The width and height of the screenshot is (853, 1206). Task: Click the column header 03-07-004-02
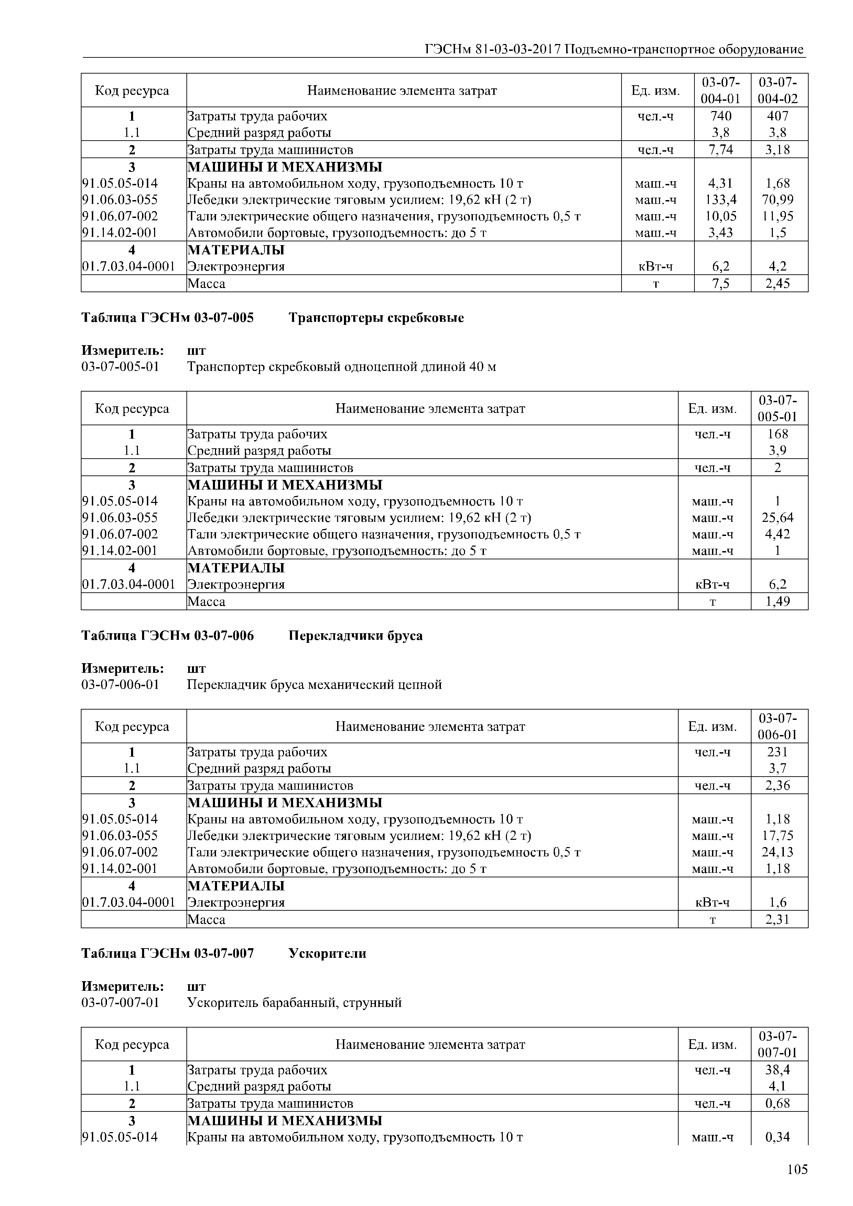click(779, 90)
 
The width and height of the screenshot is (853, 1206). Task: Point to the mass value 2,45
click(779, 284)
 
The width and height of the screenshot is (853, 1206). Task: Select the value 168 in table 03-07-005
click(779, 434)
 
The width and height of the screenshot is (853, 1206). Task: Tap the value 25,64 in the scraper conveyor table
click(779, 518)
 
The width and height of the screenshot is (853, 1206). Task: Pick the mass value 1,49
click(779, 601)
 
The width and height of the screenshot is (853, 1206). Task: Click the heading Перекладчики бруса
click(355, 636)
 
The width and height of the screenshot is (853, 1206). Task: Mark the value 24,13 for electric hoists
click(779, 852)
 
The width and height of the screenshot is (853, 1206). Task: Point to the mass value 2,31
click(779, 919)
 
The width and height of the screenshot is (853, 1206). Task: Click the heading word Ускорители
click(327, 953)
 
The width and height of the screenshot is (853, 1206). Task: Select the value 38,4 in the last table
click(779, 1070)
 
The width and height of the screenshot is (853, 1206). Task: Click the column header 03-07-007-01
click(779, 1044)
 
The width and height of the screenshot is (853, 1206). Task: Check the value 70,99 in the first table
click(779, 200)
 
